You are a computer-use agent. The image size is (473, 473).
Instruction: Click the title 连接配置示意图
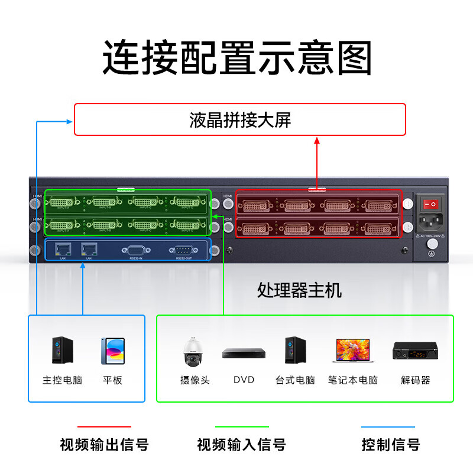237,58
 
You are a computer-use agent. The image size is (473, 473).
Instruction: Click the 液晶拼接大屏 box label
240,121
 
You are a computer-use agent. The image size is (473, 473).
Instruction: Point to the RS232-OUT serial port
183,250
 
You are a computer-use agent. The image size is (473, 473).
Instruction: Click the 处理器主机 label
299,290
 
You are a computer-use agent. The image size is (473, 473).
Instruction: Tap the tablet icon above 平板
112,351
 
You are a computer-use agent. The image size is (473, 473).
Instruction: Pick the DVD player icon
244,354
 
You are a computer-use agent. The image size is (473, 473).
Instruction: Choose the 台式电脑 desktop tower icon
294,351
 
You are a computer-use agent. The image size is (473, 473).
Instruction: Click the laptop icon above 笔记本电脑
352,351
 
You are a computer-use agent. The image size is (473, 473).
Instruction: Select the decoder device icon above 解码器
415,351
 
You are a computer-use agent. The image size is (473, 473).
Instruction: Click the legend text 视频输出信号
104,445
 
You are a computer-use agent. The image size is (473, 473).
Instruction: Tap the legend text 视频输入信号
241,445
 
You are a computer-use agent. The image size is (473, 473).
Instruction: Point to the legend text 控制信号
390,445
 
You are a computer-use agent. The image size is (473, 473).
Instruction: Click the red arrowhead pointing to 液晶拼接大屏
317,141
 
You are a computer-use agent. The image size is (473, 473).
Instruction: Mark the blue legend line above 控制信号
388,427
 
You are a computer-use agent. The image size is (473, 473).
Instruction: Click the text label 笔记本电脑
352,380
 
